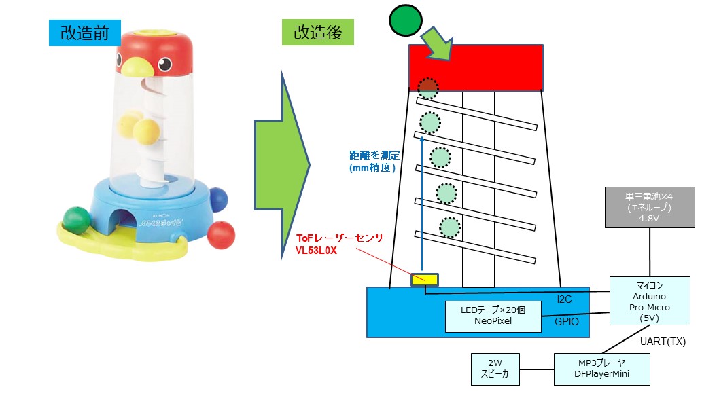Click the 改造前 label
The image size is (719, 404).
click(85, 33)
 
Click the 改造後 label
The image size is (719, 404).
click(317, 33)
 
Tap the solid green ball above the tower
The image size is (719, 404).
click(406, 20)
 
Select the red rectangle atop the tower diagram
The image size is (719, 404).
click(475, 67)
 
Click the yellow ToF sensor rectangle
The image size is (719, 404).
click(425, 279)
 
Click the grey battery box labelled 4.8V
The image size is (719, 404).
click(650, 207)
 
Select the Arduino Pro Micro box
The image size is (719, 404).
click(650, 300)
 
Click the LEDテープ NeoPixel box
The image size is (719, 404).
click(493, 316)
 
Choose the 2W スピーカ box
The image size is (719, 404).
click(495, 369)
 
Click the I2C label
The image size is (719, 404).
click(564, 299)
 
